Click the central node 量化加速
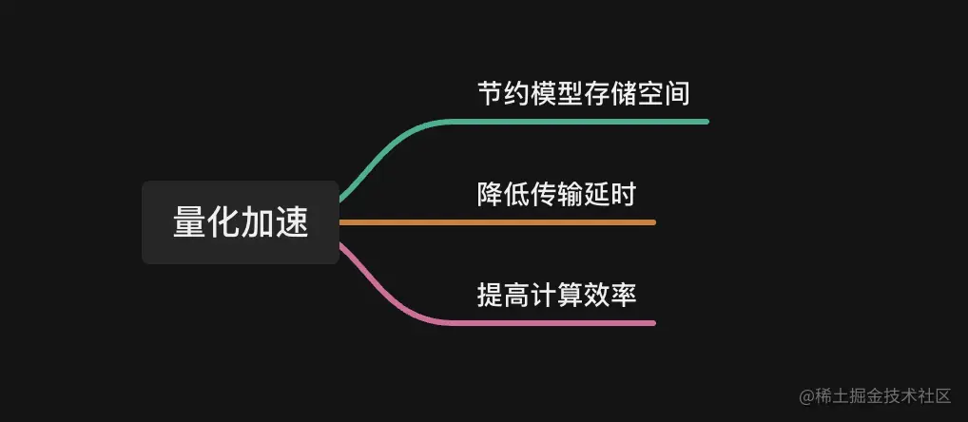click(241, 222)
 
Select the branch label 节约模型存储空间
click(584, 93)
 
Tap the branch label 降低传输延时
click(556, 195)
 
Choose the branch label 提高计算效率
click(556, 296)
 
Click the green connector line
click(571, 122)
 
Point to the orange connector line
click(494, 222)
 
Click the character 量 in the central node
click(189, 222)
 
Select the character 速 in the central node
click(293, 222)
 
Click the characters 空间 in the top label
click(664, 93)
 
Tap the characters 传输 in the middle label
click(556, 195)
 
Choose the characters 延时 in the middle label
click(610, 195)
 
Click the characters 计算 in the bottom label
click(556, 296)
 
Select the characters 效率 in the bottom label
click(610, 296)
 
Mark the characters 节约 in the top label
click(503, 93)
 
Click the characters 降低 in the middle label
click(503, 195)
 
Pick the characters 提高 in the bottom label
click(503, 296)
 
